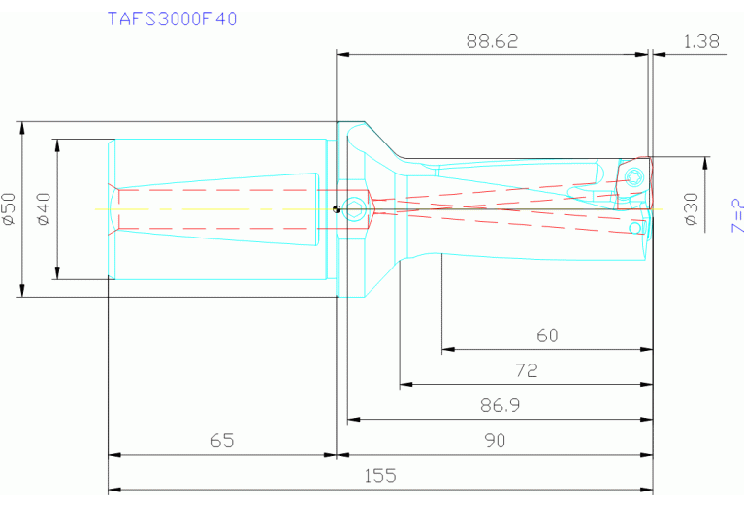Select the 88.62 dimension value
click(x=492, y=41)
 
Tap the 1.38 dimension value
click(x=701, y=41)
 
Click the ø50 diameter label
click(x=9, y=208)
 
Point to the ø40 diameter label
click(x=43, y=208)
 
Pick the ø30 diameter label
click(x=691, y=208)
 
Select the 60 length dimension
click(x=547, y=335)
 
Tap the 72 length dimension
click(x=526, y=370)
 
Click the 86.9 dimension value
click(x=500, y=405)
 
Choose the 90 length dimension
click(x=495, y=440)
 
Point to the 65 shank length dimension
click(x=222, y=440)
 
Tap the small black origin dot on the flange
click(x=335, y=207)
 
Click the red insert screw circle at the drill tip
click(x=633, y=176)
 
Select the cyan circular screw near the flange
click(x=356, y=207)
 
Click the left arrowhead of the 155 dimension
click(x=113, y=489)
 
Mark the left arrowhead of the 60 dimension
click(x=447, y=349)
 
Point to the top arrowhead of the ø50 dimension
click(x=21, y=127)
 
